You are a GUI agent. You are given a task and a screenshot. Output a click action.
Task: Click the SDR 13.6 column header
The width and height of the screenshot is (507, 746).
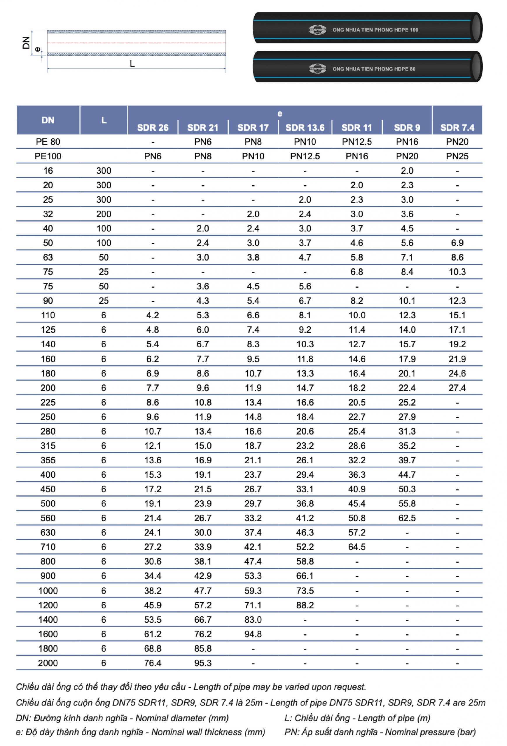(x=305, y=127)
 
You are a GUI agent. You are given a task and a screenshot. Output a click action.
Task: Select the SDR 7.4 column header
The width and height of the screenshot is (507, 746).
(x=457, y=127)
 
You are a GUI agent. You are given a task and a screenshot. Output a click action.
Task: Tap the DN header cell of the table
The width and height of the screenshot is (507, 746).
(x=48, y=120)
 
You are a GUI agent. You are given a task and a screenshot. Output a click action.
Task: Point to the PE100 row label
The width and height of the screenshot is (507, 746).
(x=48, y=156)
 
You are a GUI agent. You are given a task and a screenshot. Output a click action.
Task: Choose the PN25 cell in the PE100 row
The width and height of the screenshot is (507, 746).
(x=457, y=156)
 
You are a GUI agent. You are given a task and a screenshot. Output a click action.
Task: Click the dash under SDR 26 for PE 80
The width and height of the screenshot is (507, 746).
(x=153, y=142)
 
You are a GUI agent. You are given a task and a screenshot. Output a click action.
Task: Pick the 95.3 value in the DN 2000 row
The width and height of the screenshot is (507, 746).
(x=203, y=663)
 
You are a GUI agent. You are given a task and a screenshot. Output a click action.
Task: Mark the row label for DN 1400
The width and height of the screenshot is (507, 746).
(x=48, y=620)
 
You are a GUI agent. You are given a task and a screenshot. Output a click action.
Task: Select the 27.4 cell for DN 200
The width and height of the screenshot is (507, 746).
(x=457, y=388)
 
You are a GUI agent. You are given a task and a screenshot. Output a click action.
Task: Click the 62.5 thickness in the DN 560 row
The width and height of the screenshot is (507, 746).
(x=407, y=518)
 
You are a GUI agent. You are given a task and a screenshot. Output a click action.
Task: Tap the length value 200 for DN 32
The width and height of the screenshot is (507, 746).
(x=104, y=214)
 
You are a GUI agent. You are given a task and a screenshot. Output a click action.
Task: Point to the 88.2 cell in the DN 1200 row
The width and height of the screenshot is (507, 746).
(x=305, y=605)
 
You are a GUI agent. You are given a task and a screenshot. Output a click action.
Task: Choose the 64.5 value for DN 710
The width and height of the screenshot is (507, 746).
(x=357, y=547)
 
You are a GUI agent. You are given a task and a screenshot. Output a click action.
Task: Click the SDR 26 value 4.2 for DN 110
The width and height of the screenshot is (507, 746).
(x=153, y=315)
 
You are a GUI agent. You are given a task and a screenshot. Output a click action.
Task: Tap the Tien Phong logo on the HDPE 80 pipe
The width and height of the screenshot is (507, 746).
(x=317, y=68)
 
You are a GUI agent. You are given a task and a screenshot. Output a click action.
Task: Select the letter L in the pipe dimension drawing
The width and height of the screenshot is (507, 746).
(x=132, y=64)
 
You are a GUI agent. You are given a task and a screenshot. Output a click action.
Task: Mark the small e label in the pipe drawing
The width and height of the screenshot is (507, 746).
(x=38, y=50)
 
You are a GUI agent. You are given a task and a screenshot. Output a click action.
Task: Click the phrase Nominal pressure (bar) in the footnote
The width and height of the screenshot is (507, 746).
(x=430, y=732)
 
